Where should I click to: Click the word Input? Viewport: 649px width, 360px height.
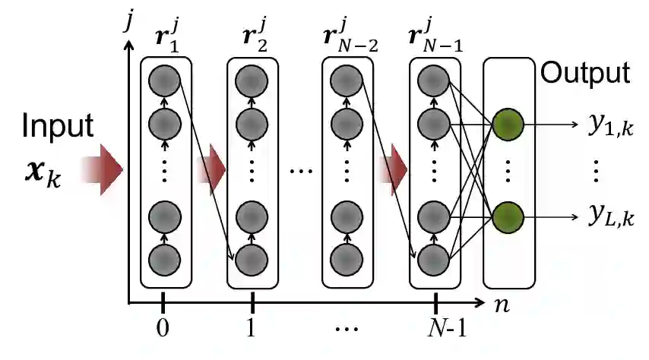[58, 126]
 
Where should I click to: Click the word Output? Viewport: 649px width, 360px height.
[584, 74]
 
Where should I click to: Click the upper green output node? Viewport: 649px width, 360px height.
[508, 123]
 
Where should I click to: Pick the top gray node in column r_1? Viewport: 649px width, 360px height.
[164, 80]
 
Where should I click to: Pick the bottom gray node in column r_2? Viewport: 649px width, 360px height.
[252, 260]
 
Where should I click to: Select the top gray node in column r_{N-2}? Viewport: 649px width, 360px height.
[347, 80]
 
